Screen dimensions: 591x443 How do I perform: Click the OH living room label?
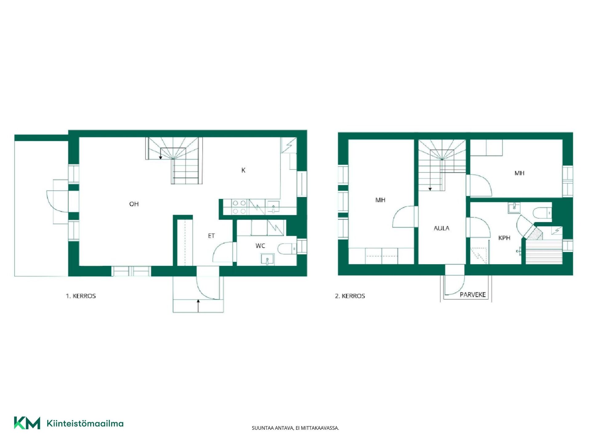point(134,204)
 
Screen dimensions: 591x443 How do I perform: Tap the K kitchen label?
point(243,170)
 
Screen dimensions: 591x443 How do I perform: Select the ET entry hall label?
point(211,236)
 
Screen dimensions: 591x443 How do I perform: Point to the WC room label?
point(260,246)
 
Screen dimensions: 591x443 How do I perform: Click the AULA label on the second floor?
point(441,228)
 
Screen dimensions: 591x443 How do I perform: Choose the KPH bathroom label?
point(504,238)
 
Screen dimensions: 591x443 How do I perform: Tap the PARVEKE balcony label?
point(473,295)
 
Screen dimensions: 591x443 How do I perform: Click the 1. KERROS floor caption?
point(81,296)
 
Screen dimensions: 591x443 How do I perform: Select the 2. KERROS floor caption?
point(350,296)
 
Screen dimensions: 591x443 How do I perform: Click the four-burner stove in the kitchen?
point(239,207)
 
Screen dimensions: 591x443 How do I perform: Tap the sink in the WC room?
point(267,259)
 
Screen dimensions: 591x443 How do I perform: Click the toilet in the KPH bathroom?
point(542,212)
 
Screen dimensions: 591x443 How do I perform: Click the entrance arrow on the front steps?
point(198,306)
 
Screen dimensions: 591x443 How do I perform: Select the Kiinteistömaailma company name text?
point(85,424)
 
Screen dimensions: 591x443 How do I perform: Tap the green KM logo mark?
point(27,423)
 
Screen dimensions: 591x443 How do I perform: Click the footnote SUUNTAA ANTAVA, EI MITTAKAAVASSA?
point(295,428)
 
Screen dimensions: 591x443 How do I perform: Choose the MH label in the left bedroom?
point(380,200)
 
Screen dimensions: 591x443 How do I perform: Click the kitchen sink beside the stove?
point(273,207)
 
